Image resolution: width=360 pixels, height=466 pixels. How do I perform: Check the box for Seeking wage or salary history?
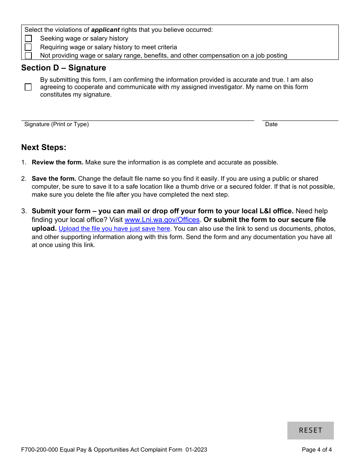pos(28,39)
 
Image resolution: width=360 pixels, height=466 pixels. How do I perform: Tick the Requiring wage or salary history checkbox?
pos(28,47)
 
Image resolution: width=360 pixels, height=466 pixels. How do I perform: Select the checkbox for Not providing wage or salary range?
pos(28,56)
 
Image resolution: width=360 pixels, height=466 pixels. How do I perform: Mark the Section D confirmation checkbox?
pos(28,87)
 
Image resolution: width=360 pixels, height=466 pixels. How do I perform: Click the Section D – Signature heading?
pos(64,68)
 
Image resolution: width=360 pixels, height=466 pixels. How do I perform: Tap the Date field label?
pos(271,124)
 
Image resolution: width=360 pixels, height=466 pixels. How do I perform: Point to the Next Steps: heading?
pos(44,147)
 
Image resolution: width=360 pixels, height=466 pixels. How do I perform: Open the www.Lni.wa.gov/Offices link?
pos(162,220)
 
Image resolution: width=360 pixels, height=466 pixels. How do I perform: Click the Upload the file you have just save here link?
pos(114,229)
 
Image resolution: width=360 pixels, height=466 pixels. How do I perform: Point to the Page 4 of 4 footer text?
pos(317,450)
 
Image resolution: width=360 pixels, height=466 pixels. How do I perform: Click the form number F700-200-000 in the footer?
pos(40,450)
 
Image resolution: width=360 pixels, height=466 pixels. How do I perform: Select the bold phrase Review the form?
pos(58,162)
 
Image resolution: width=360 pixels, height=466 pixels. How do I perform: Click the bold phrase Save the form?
pos(54,178)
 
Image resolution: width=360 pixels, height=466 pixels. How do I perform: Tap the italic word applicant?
pos(105,30)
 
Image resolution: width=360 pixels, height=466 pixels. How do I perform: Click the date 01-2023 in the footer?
pos(196,450)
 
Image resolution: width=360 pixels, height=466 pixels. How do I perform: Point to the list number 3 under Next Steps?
pos(24,211)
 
